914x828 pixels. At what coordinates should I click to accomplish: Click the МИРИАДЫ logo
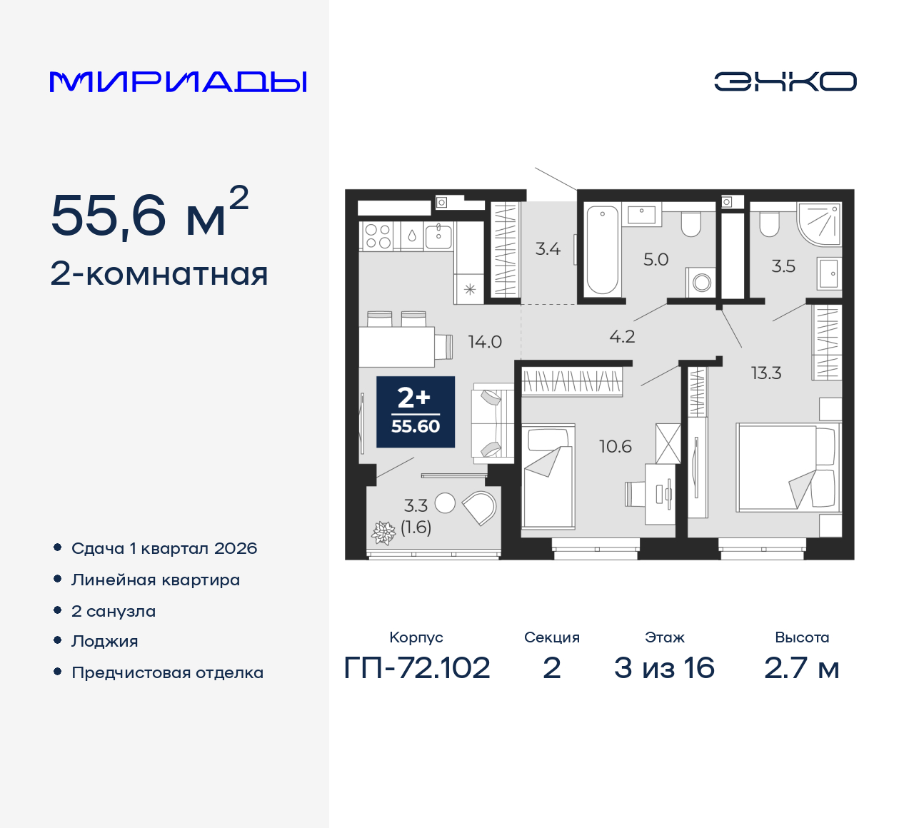pos(178,82)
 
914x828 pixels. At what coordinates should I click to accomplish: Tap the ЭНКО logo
pos(785,81)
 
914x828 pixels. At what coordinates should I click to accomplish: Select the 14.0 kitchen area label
pos(485,342)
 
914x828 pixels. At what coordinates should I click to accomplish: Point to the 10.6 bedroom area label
pos(615,446)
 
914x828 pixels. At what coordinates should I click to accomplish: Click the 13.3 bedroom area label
pos(766,373)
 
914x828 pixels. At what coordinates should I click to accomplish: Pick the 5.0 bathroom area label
pos(656,260)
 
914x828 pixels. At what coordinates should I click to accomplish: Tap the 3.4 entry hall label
pos(548,249)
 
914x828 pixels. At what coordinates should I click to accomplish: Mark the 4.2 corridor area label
pos(622,337)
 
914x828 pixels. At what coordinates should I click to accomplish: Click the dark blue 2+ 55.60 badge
pos(416,412)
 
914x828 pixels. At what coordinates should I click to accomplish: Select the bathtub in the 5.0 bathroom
pos(603,250)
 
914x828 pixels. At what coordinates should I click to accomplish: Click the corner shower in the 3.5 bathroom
pos(820,224)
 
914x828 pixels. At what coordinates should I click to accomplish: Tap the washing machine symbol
pos(700,283)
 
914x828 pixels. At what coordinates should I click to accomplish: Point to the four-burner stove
pos(378,236)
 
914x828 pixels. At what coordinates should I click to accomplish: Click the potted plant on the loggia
pos(383,532)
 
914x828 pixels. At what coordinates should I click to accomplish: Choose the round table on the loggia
pos(445,503)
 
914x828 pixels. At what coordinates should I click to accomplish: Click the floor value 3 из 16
pos(664,668)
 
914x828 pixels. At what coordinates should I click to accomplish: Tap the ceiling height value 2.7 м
pos(801,668)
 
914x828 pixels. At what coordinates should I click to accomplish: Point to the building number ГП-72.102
pos(416,668)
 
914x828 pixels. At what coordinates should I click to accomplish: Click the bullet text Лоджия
pos(104,641)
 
